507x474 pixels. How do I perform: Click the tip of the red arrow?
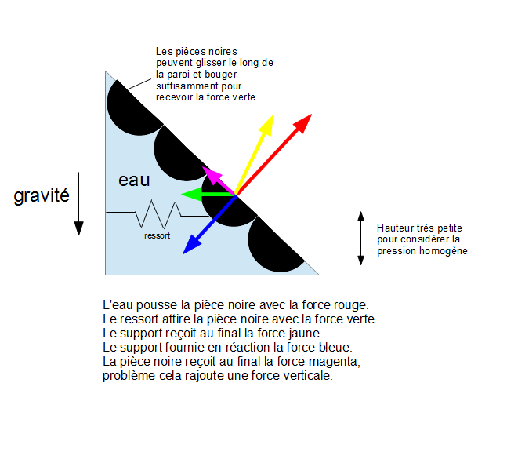pos(310,116)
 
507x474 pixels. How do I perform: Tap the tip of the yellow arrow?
pos(272,117)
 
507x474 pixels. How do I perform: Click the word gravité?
pos(42,195)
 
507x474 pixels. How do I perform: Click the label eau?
pos(134,180)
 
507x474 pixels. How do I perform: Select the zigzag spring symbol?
pos(159,213)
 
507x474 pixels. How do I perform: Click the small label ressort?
pos(157,235)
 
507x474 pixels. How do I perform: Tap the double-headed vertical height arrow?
pos(360,238)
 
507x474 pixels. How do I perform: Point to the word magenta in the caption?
pos(335,361)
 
